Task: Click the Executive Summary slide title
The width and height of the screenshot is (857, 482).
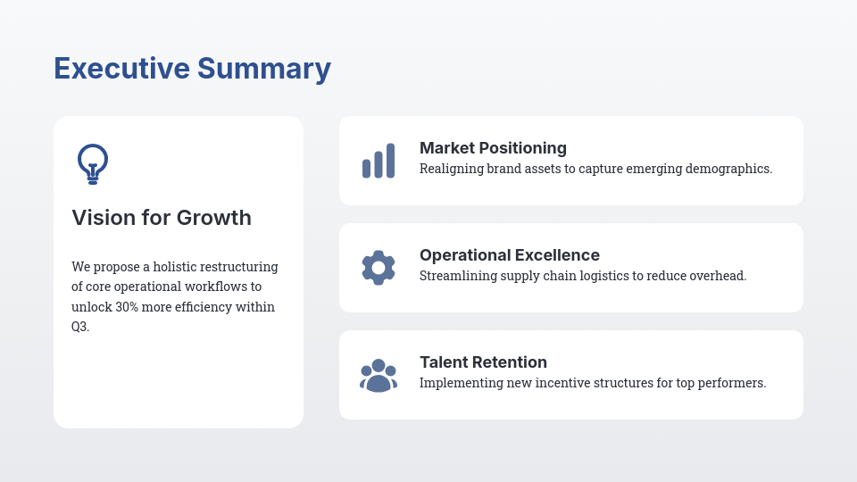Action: coord(192,69)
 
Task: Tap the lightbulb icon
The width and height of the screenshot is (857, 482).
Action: coord(93,163)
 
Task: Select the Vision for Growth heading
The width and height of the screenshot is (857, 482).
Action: coord(162,218)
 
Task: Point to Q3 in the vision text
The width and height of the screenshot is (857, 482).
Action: coord(79,327)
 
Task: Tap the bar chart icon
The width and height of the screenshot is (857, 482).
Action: coord(379,162)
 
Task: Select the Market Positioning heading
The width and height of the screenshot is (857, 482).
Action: coord(493,148)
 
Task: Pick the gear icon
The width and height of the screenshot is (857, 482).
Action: coord(379,268)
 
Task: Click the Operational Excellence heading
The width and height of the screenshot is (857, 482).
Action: coord(510,255)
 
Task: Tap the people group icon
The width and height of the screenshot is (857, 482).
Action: coord(379,376)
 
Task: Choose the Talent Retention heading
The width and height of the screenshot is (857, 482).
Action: coord(483,362)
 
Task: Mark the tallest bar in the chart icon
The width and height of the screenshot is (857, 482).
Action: coord(390,161)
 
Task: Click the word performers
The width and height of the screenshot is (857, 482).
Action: coord(734,383)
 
